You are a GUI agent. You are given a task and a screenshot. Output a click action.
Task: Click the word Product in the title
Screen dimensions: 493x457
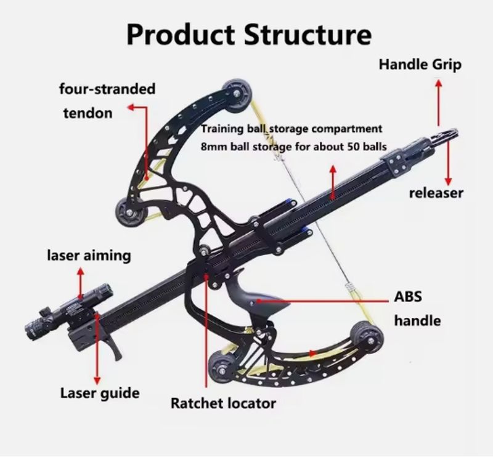coord(181,35)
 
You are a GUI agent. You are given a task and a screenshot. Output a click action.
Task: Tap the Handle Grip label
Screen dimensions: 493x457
coord(420,65)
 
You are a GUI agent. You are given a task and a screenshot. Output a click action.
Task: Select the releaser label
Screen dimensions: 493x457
coord(436,193)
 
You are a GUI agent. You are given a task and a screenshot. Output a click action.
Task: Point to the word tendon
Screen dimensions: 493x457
coord(88,113)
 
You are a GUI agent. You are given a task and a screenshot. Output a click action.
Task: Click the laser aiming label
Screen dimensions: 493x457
coord(89,256)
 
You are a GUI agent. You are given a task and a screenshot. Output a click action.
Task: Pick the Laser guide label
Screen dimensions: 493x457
coord(100,393)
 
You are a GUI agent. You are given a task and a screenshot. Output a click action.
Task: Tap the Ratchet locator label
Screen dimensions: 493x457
coord(223,403)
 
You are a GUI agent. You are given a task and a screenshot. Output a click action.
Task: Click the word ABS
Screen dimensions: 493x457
coord(408,297)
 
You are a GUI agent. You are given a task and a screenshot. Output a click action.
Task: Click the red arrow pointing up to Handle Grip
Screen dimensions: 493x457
coord(439,103)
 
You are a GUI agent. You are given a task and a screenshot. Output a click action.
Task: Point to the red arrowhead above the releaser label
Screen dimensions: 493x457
coord(449,181)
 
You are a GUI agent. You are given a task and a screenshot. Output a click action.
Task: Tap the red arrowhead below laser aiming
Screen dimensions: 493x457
coord(81,271)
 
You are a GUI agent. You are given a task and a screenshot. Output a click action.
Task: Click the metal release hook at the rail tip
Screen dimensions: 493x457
coord(446,135)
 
